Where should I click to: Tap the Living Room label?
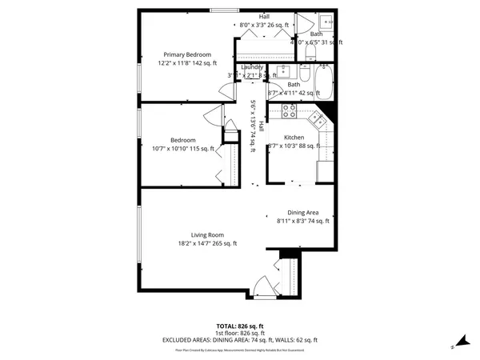click(x=206, y=234)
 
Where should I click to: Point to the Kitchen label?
click(x=294, y=138)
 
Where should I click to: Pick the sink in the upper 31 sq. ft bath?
click(x=326, y=22)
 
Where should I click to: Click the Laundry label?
click(x=253, y=67)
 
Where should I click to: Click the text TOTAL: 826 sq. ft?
click(x=239, y=326)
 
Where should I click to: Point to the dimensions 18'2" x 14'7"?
click(x=207, y=243)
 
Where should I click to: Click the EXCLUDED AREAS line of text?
click(x=239, y=340)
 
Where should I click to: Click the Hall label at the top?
click(x=264, y=17)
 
